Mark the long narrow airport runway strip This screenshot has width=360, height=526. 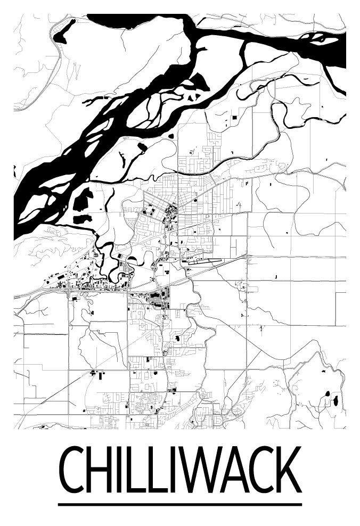205,261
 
